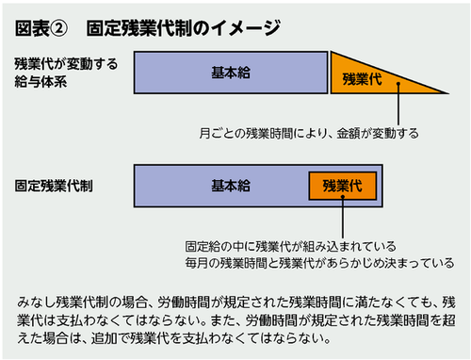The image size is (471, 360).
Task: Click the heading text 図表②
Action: click(x=44, y=27)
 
